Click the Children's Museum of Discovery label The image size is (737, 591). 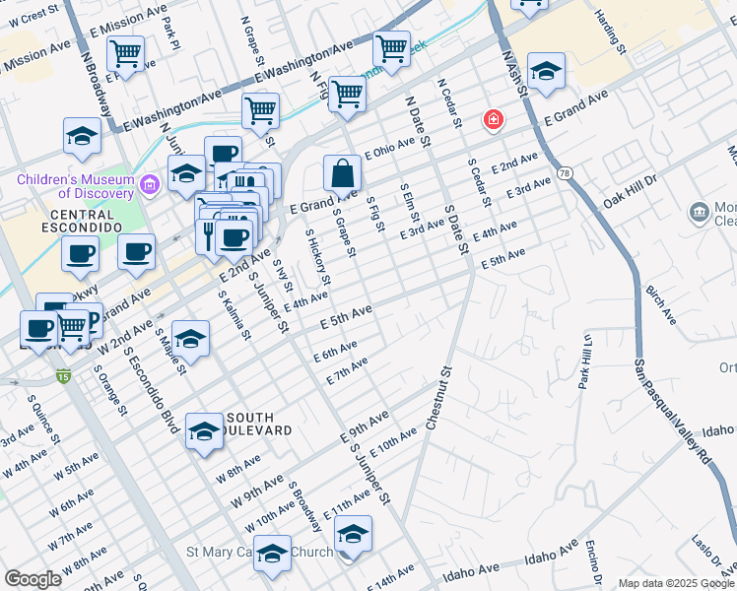tap(75, 186)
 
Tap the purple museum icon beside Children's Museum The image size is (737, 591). tap(150, 184)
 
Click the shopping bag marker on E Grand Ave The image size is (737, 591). tap(342, 173)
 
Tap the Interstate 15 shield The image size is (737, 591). tap(63, 375)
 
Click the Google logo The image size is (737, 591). tap(33, 579)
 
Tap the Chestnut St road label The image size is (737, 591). tap(438, 399)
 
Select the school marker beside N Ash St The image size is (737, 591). tap(546, 71)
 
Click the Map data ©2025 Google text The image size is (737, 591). tap(676, 583)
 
